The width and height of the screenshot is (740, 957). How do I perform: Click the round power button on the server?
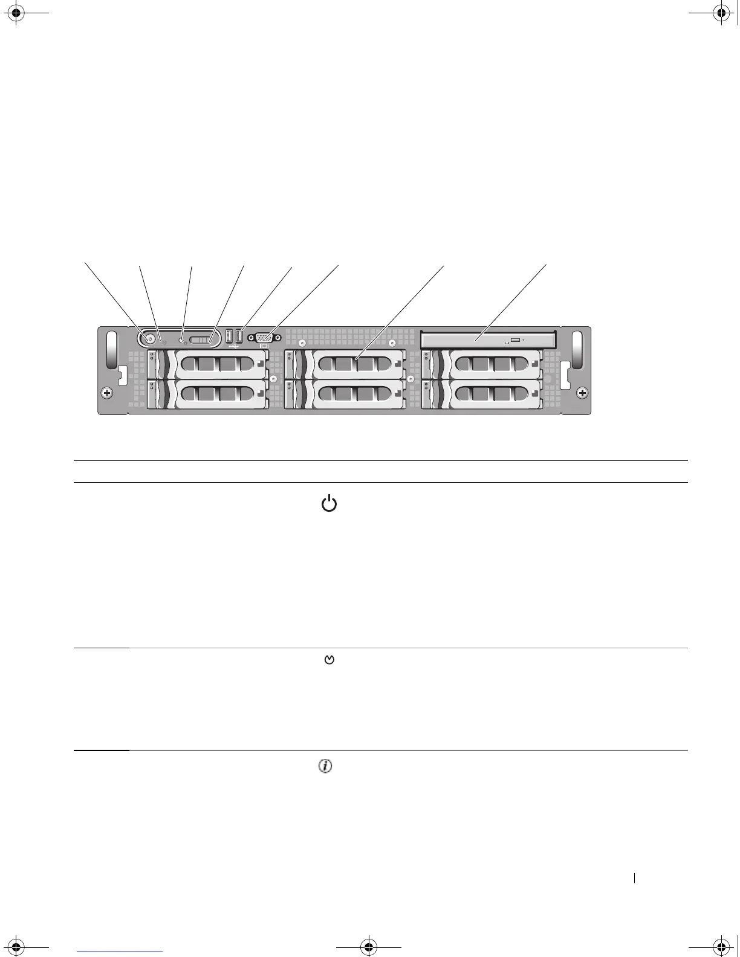[x=148, y=338]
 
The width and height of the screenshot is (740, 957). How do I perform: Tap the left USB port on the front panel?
[x=229, y=336]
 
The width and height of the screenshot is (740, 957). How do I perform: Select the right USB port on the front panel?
[x=239, y=336]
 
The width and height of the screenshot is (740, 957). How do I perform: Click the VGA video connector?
[x=262, y=338]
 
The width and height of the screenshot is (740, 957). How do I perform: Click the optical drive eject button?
[x=515, y=341]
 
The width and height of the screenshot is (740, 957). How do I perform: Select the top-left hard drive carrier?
[x=207, y=364]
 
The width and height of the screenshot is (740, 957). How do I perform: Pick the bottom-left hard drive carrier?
[x=207, y=394]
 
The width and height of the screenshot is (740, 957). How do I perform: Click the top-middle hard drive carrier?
[x=344, y=364]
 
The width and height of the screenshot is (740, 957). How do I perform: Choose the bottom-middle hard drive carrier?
[x=344, y=394]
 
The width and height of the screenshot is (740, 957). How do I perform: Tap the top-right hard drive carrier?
[x=482, y=364]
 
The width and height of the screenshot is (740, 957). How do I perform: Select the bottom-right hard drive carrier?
[x=482, y=394]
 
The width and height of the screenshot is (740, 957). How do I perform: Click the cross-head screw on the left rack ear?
[x=107, y=393]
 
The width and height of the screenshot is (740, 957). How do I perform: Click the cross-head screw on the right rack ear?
[x=582, y=393]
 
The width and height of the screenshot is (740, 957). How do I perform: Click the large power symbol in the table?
[x=328, y=503]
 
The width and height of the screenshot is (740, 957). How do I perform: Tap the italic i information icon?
[x=325, y=766]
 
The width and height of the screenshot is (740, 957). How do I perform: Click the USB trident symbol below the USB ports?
[x=234, y=347]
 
